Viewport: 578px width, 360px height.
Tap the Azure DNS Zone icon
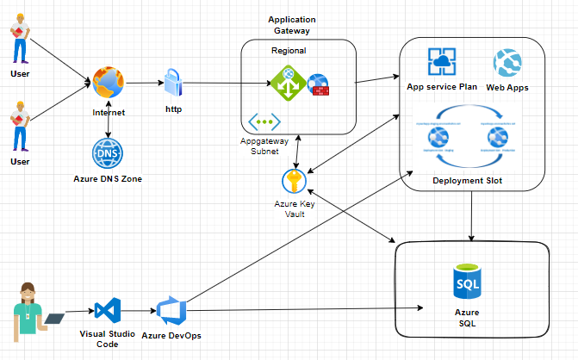click(108, 153)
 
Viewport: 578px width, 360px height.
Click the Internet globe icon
click(109, 84)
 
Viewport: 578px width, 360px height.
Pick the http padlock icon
click(172, 84)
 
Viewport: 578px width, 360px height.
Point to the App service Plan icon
click(442, 63)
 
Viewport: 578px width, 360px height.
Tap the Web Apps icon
click(507, 64)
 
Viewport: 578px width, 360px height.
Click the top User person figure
click(19, 39)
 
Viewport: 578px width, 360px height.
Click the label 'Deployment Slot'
click(469, 181)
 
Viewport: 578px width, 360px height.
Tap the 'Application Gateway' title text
click(291, 24)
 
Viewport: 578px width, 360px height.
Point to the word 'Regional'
click(288, 50)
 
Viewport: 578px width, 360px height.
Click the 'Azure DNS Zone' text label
click(108, 178)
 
